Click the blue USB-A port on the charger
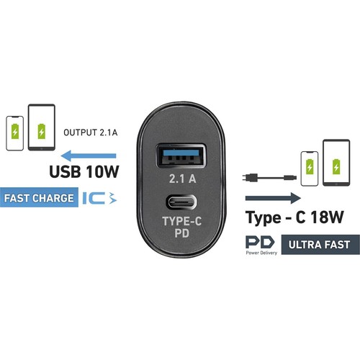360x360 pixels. (181, 156)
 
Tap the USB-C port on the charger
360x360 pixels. (181, 202)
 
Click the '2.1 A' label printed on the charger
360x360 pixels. (183, 179)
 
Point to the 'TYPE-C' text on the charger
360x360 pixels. (182, 221)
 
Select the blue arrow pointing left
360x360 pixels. (89, 156)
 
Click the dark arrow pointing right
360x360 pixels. (273, 198)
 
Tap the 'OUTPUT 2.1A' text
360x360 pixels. (91, 132)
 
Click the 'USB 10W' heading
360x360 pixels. (84, 171)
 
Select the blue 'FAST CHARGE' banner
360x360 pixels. (39, 197)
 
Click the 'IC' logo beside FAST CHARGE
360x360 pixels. (99, 198)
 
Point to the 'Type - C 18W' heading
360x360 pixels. (294, 217)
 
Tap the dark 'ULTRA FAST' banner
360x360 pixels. (320, 245)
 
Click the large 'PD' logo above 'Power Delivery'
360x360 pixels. (260, 242)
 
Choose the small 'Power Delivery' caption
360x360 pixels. (261, 253)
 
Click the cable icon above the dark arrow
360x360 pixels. (269, 178)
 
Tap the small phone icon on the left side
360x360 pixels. (15, 133)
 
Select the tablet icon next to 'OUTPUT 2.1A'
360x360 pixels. (42, 127)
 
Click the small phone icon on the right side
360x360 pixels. (310, 168)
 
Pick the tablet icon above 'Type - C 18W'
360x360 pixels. (336, 163)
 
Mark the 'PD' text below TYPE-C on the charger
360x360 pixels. (182, 233)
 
